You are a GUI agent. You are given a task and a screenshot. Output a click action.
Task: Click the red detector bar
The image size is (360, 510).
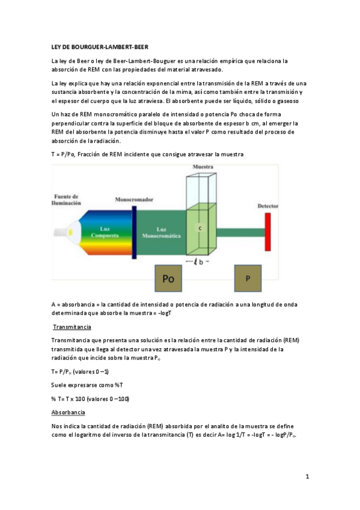click(x=267, y=232)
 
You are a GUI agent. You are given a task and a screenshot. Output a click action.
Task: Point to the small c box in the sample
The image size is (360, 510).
click(x=199, y=229)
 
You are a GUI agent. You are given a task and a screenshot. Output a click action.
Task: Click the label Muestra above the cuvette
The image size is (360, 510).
click(x=202, y=166)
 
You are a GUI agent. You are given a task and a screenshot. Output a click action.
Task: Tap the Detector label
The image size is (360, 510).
click(x=267, y=206)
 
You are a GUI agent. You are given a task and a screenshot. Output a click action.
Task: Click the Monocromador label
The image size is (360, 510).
click(x=133, y=198)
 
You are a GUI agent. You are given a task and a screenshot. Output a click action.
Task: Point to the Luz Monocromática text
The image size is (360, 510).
click(x=160, y=233)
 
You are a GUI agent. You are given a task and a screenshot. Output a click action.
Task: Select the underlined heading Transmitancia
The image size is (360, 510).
click(x=72, y=327)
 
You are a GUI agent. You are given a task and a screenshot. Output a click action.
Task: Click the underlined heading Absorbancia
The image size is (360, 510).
click(x=68, y=412)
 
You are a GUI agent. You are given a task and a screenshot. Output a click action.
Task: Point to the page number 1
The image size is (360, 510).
click(x=307, y=477)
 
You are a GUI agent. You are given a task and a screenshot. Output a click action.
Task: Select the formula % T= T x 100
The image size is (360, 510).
click(x=90, y=399)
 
